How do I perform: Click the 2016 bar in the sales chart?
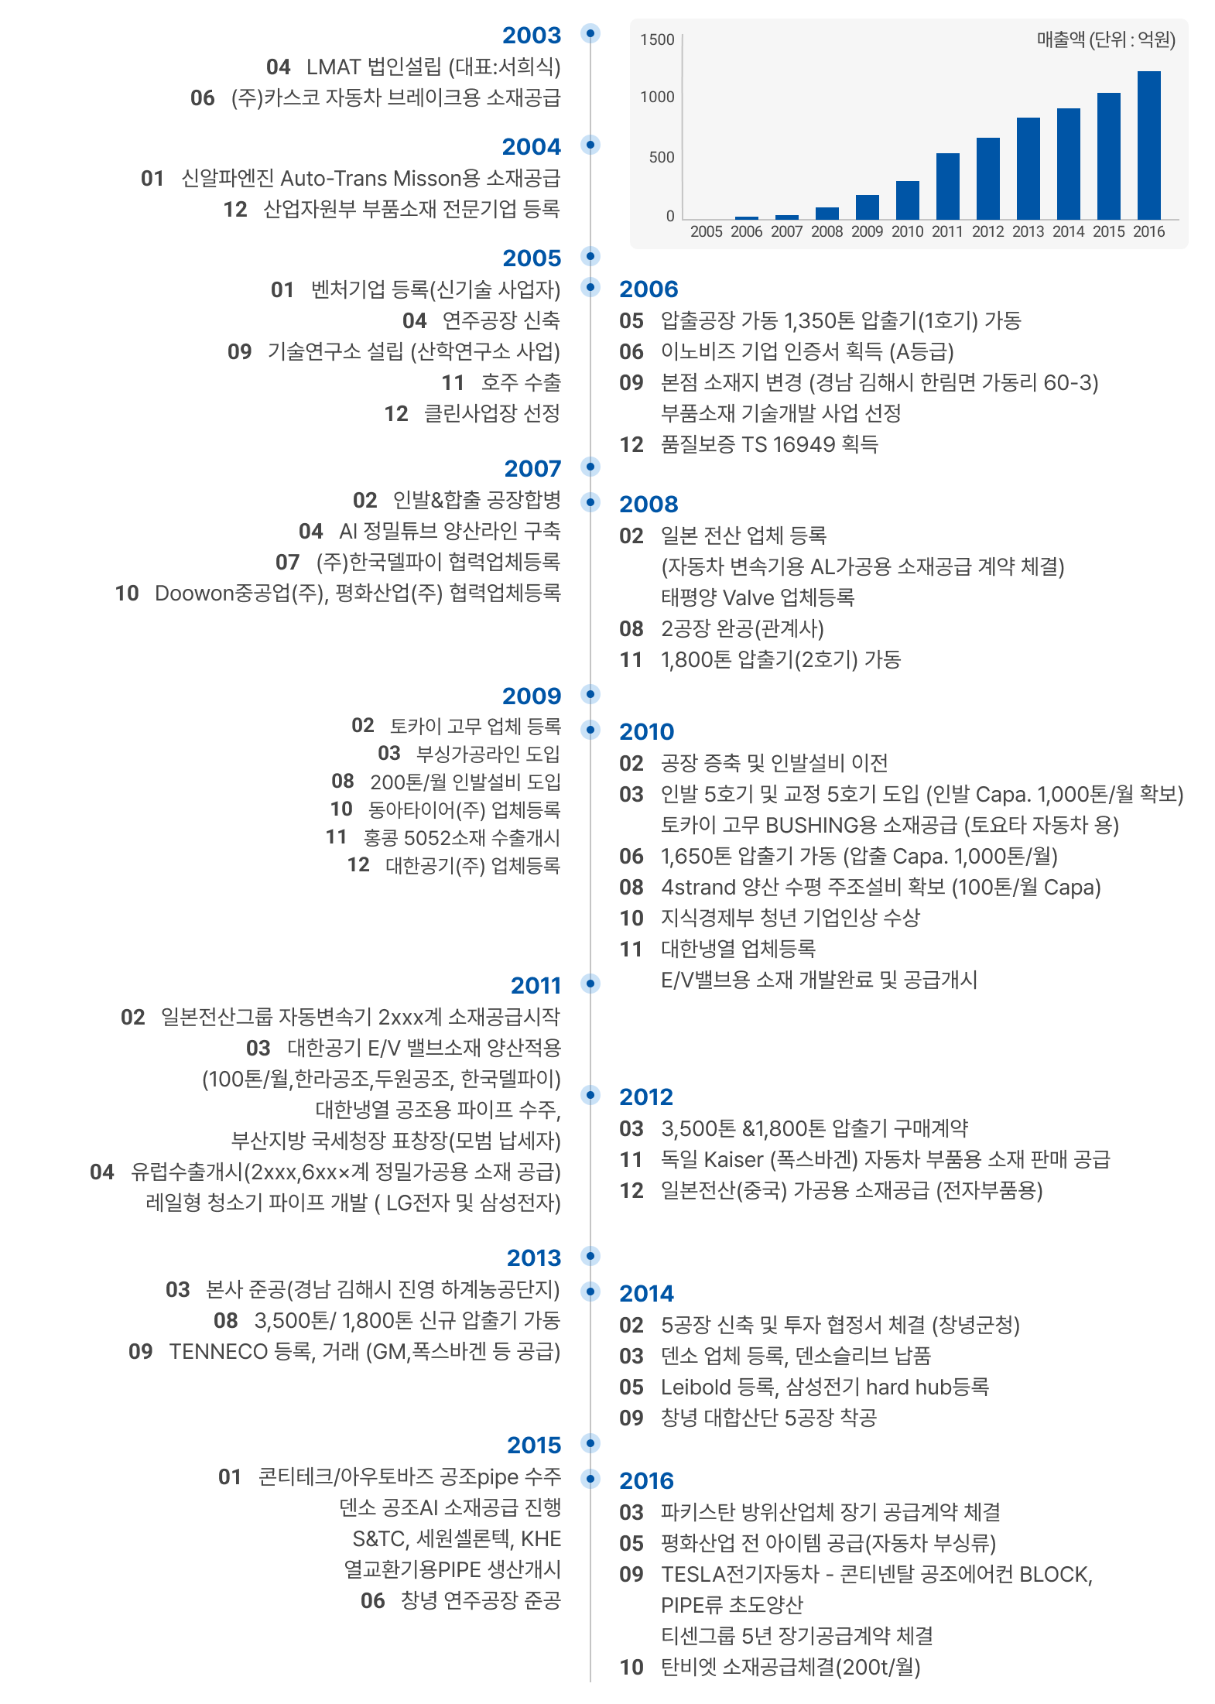tap(1148, 145)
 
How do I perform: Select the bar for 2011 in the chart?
tap(947, 186)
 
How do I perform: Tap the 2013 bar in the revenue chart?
tap(1028, 169)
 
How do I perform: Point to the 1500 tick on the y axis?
tap(657, 40)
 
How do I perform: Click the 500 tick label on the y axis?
tap(662, 157)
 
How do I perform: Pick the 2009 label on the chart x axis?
tap(867, 231)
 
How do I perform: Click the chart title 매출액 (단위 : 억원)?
tap(1105, 40)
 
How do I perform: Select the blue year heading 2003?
tap(532, 36)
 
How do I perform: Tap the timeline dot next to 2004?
tap(590, 145)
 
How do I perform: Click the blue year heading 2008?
tap(649, 505)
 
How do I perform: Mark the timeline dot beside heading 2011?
tap(590, 984)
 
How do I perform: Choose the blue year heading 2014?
tap(646, 1293)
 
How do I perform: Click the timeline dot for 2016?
tap(590, 1478)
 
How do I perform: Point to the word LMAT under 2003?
tap(334, 67)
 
